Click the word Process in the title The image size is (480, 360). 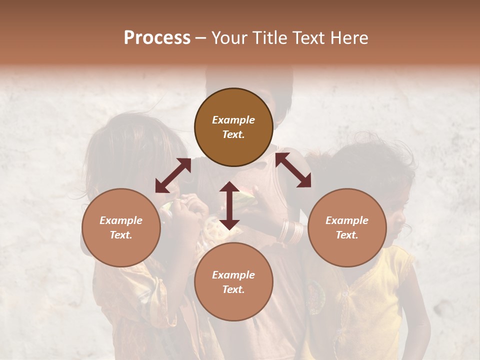(x=157, y=38)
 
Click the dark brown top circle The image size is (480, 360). (x=233, y=127)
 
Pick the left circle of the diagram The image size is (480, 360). (x=121, y=227)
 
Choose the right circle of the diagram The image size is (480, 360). (x=347, y=227)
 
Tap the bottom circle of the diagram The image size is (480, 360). (x=233, y=281)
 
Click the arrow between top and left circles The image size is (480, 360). (x=173, y=175)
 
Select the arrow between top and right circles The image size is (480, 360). (x=293, y=170)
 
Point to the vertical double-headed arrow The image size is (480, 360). (x=229, y=205)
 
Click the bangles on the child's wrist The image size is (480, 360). (x=291, y=231)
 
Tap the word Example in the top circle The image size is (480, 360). (x=233, y=120)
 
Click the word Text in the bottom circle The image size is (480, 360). (x=233, y=289)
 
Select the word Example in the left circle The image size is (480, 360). (x=121, y=220)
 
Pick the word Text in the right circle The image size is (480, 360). (x=346, y=235)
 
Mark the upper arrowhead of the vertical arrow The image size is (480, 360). (x=229, y=187)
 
